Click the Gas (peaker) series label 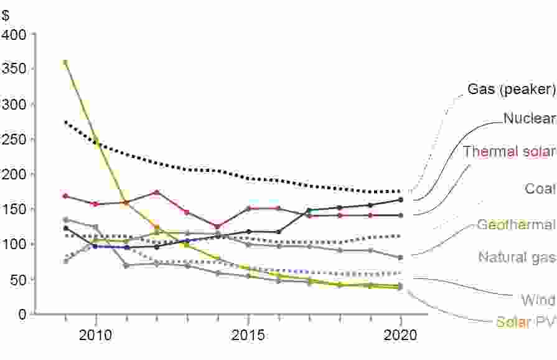point(511,89)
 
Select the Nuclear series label point(529,118)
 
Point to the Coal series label point(540,188)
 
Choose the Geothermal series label point(516,225)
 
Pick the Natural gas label point(517,257)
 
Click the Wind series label point(538,301)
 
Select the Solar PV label point(525,323)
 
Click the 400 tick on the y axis point(14,34)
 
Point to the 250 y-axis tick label point(14,140)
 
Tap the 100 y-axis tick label point(14,245)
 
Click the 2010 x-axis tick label point(96,336)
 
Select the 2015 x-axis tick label point(248,336)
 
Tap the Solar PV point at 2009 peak point(65,62)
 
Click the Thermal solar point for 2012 point(157,192)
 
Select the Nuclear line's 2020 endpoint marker point(401,200)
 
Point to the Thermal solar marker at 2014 point(218,227)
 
